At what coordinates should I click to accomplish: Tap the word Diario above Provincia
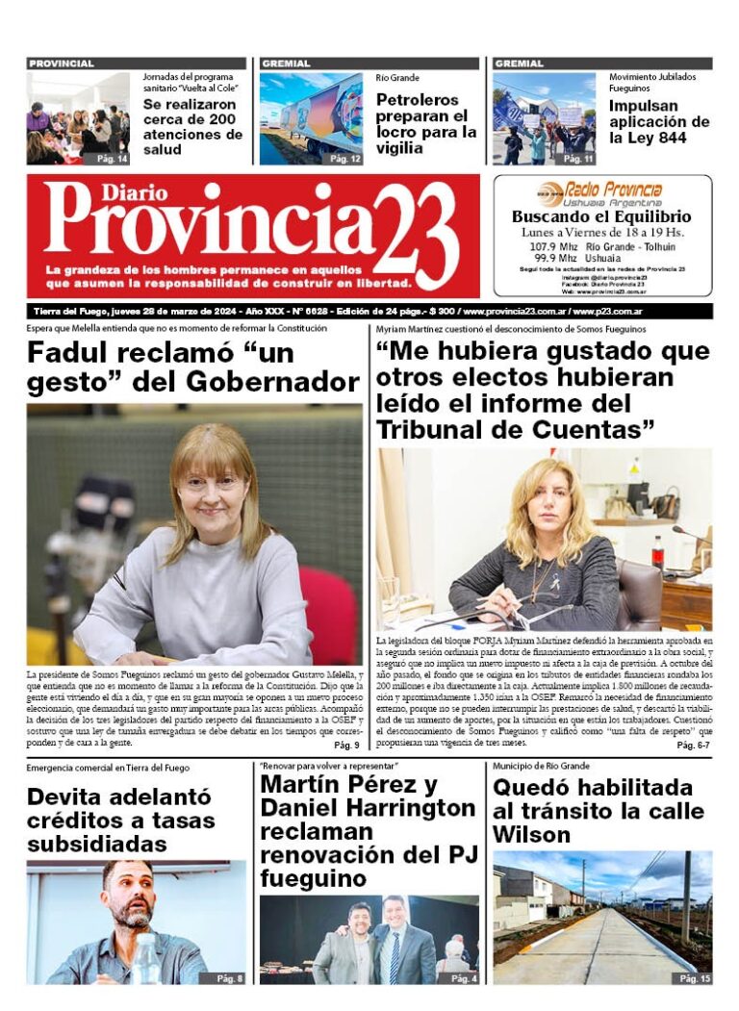pyautogui.click(x=105, y=191)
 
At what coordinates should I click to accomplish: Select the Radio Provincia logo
pyautogui.click(x=601, y=190)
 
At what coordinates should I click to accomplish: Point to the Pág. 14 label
pyautogui.click(x=112, y=157)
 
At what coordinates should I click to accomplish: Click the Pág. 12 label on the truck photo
pyautogui.click(x=345, y=158)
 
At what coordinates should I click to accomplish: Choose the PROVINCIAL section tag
pyautogui.click(x=62, y=63)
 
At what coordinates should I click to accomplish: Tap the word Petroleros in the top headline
pyautogui.click(x=417, y=99)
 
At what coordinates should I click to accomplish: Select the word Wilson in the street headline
pyautogui.click(x=531, y=835)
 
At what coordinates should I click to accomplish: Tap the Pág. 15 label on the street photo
pyautogui.click(x=694, y=978)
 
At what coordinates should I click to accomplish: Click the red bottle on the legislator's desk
pyautogui.click(x=657, y=555)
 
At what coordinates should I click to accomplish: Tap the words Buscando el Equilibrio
pyautogui.click(x=601, y=217)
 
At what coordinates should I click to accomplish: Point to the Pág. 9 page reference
pyautogui.click(x=346, y=745)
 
